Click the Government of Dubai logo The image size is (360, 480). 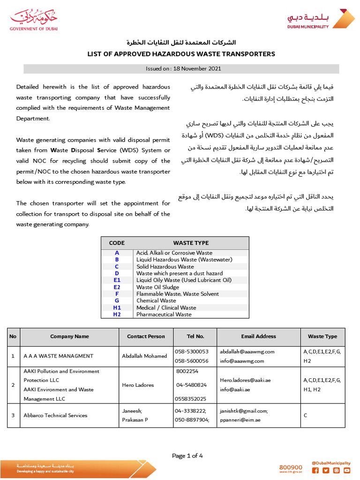pos(31,21)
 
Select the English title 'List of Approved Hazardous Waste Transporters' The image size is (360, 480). pos(181,54)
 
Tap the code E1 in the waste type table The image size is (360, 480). pos(117,280)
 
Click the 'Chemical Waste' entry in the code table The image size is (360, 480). pos(156,300)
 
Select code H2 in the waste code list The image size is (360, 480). pos(117,315)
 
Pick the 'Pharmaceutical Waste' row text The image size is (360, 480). pos(164,315)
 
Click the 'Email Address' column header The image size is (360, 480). pos(258,336)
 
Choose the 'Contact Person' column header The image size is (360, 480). pos(146,336)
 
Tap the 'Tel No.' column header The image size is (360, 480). pos(195,336)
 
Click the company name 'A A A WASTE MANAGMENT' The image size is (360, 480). pos(58,356)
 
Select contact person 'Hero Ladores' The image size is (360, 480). pos(138,385)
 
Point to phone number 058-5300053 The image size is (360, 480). pos(191,351)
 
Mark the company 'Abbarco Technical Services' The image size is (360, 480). pos(55,415)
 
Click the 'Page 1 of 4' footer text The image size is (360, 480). pos(187,456)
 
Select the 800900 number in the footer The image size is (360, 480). pos(291,467)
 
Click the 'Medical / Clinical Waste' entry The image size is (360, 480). pos(166,307)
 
